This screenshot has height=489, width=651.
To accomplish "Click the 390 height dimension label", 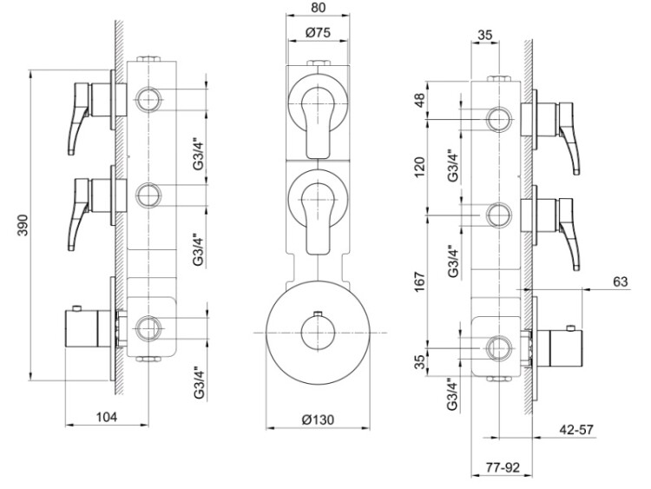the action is click(23, 225).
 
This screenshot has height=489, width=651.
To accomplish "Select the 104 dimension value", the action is click(107, 416).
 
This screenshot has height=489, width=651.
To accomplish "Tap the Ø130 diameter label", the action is click(318, 420).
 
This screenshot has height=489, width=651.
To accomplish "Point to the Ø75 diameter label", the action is click(318, 32).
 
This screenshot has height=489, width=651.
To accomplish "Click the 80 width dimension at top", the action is click(318, 8).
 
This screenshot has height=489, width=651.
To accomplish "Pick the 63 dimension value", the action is click(621, 281).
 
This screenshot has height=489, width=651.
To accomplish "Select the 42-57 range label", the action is click(577, 429).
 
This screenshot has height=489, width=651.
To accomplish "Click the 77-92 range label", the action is click(503, 468).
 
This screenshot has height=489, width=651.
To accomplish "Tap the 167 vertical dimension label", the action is click(421, 281).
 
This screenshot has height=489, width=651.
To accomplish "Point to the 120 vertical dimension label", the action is click(421, 167).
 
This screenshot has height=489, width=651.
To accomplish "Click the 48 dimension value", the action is click(421, 100).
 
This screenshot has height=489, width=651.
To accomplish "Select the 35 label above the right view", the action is click(484, 35).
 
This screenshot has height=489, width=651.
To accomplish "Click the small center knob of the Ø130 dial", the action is click(318, 333).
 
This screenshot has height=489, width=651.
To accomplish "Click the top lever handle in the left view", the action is click(79, 118).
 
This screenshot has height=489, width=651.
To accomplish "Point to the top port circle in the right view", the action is click(498, 119).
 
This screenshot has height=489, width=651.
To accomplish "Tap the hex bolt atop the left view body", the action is click(148, 58).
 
